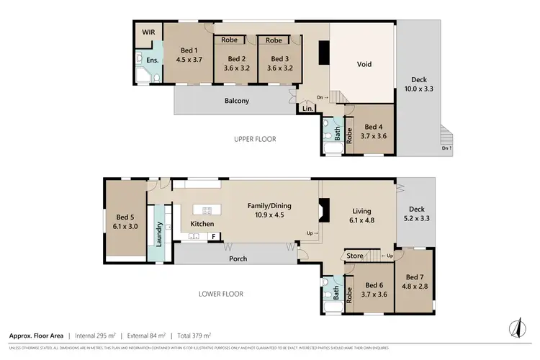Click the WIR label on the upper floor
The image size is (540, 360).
(x=149, y=32)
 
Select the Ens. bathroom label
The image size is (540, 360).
(x=153, y=60)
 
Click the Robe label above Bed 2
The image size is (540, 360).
(x=230, y=40)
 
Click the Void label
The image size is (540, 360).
(x=364, y=64)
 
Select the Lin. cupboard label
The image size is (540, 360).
(x=307, y=109)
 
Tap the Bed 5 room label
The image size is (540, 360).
(x=125, y=217)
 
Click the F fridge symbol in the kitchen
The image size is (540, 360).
(x=213, y=236)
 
